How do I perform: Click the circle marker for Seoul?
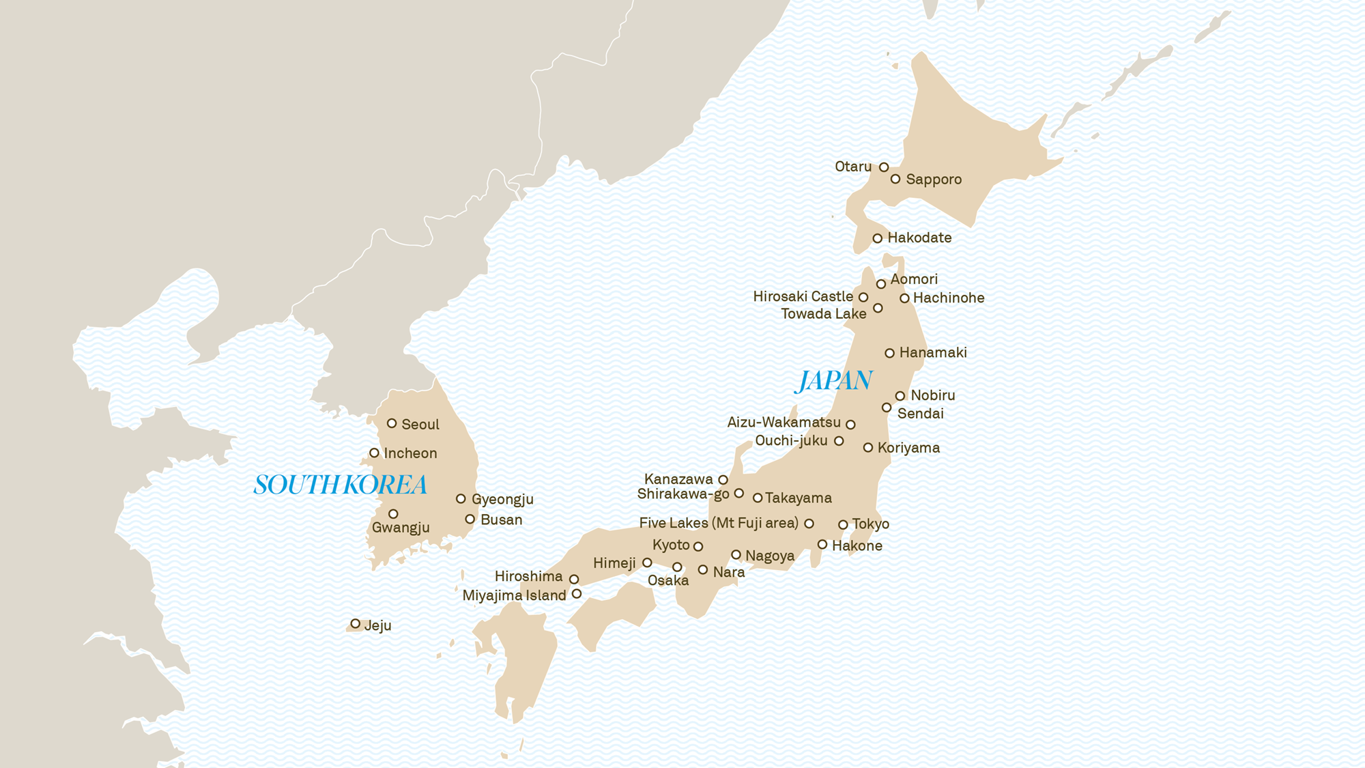(x=392, y=423)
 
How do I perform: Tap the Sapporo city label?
(x=933, y=180)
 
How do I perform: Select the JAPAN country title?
(x=834, y=381)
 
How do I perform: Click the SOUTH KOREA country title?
(x=340, y=485)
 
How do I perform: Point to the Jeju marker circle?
(x=355, y=624)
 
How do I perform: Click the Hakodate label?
(x=919, y=238)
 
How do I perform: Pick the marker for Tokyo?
(x=843, y=525)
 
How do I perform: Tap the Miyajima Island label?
(x=514, y=595)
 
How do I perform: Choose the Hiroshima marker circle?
(x=574, y=580)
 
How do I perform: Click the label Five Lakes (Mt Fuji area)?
(x=718, y=524)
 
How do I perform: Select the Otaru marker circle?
(x=884, y=167)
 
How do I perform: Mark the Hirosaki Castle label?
(x=803, y=297)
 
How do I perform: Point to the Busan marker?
(x=470, y=520)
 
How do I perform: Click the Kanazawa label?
(x=678, y=479)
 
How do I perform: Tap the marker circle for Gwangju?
(x=393, y=514)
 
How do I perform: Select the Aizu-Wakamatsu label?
(x=784, y=423)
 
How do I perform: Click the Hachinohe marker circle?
(x=904, y=298)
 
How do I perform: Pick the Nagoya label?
(x=769, y=556)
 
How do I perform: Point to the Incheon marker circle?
(x=374, y=453)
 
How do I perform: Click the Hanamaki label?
(x=932, y=353)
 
